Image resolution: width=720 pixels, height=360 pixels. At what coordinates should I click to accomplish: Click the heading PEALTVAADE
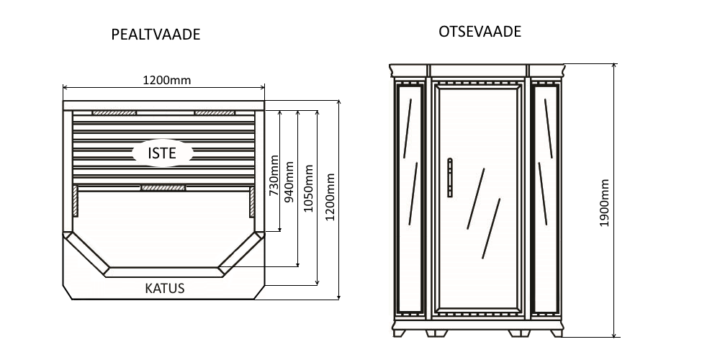(x=156, y=35)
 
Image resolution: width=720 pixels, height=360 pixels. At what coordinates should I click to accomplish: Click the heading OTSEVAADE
(x=480, y=32)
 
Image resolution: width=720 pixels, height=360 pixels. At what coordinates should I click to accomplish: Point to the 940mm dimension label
(x=291, y=183)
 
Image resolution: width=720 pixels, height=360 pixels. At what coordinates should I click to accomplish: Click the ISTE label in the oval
(x=162, y=153)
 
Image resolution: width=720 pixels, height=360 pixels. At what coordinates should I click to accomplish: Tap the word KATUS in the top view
(x=165, y=289)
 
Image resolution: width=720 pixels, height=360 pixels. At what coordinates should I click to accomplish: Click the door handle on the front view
(x=450, y=177)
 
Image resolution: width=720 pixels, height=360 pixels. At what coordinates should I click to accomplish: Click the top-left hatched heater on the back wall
(x=114, y=112)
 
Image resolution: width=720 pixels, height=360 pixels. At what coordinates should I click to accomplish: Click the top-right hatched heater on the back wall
(x=215, y=112)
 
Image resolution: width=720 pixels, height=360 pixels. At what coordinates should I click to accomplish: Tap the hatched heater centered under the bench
(x=163, y=188)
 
